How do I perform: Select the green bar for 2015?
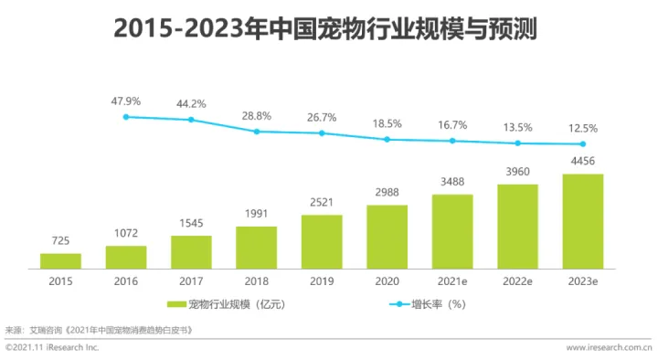[60, 260]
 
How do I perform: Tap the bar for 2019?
[322, 241]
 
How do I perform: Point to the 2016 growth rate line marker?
[125, 116]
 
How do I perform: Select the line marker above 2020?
[387, 139]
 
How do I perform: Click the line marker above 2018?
[257, 132]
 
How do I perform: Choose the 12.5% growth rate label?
[582, 127]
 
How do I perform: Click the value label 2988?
[387, 192]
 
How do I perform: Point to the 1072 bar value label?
[125, 233]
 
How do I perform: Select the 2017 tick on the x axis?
[190, 281]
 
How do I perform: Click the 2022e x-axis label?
[517, 281]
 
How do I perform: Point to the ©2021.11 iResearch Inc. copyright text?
[52, 348]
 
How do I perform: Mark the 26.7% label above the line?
[322, 117]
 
